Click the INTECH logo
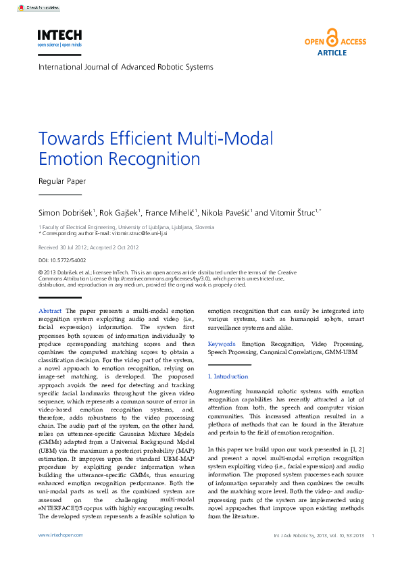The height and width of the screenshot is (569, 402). pyautogui.click(x=59, y=36)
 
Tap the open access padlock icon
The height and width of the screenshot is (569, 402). pyautogui.click(x=331, y=37)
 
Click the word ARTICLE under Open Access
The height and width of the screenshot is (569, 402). pyautogui.click(x=331, y=52)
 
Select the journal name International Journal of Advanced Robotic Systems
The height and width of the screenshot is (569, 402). pyautogui.click(x=126, y=67)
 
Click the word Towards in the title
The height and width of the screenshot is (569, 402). pyautogui.click(x=67, y=139)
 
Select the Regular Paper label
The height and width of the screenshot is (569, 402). pyautogui.click(x=62, y=181)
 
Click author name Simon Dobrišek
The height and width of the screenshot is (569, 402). pyautogui.click(x=66, y=212)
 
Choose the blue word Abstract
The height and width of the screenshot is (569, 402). pyautogui.click(x=49, y=311)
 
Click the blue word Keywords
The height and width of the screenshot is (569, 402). pyautogui.click(x=222, y=344)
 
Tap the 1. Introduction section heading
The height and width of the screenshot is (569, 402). pyautogui.click(x=228, y=376)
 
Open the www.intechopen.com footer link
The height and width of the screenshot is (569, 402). pyautogui.click(x=60, y=535)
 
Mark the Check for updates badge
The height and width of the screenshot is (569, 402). pyautogui.click(x=38, y=7)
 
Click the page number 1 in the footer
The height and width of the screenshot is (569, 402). pyautogui.click(x=373, y=535)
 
